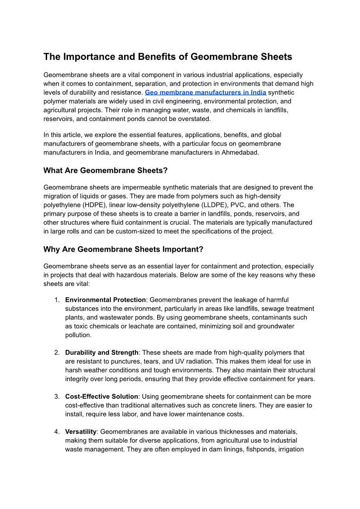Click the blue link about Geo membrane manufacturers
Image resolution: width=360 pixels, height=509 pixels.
[x=205, y=92]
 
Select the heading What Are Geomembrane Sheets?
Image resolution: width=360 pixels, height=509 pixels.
[x=106, y=170]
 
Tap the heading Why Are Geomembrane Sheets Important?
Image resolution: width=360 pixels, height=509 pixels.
[x=123, y=249]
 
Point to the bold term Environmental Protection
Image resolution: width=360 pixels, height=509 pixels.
[x=106, y=300]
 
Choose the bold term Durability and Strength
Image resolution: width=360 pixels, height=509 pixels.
[x=102, y=353]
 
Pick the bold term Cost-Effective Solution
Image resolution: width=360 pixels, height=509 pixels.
[x=101, y=397]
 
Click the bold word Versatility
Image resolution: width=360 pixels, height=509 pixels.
[x=81, y=432]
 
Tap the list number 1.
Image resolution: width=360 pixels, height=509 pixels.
[x=57, y=300]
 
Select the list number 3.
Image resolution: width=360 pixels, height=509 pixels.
[x=57, y=397]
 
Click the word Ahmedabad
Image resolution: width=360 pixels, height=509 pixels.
[x=240, y=152]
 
